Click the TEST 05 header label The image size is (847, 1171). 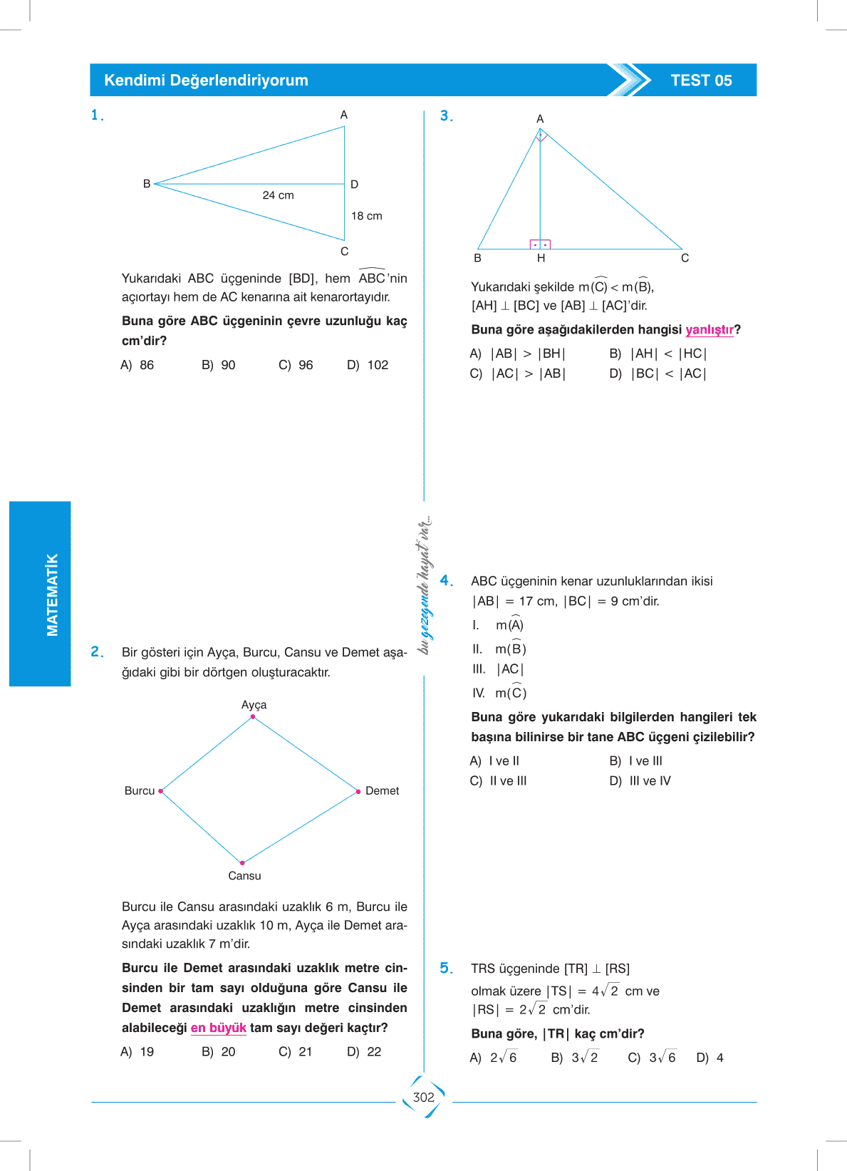coord(701,81)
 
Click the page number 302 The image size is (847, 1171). coord(424,1098)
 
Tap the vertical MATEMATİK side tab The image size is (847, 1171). coord(41,594)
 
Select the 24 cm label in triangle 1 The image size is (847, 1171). coord(278,195)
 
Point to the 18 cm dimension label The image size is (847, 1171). coord(366,216)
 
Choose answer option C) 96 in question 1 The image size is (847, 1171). coord(296,365)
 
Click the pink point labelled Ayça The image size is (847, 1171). coord(253,717)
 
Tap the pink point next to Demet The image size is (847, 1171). coord(358,791)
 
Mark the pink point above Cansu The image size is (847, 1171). coord(243,862)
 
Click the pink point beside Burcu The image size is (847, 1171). coord(161,791)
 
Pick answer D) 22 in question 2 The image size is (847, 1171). coord(364,1052)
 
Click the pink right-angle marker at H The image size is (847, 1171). coord(540,244)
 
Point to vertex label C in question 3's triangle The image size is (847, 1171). coord(685,258)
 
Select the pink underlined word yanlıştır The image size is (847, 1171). coord(709,329)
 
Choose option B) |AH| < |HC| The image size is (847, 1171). coord(658,354)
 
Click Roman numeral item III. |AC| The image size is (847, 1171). coord(498,669)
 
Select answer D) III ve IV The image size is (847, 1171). coord(640,781)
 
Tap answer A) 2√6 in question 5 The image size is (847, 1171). coord(493,1058)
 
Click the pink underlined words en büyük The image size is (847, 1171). coord(218,1028)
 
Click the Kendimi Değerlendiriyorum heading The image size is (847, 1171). coord(206,81)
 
